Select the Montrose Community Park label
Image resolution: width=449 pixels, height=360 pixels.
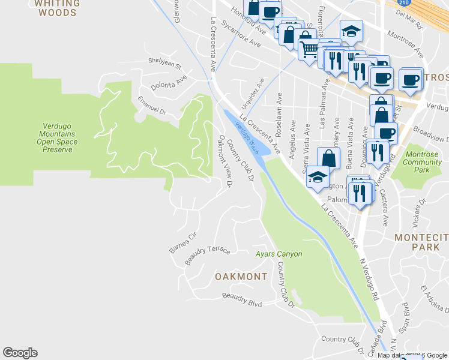click(x=423, y=162)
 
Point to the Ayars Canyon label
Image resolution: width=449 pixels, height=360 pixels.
click(x=279, y=254)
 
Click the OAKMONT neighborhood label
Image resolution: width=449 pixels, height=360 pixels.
click(x=241, y=277)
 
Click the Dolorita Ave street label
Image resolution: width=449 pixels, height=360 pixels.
click(x=169, y=82)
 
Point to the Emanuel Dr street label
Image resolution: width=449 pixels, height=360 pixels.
click(x=151, y=104)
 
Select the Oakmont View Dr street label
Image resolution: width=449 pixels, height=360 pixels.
click(x=224, y=161)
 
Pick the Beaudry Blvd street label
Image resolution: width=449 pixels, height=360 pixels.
click(x=242, y=300)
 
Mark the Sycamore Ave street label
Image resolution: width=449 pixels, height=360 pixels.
click(x=241, y=34)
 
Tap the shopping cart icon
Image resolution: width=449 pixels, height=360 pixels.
click(x=309, y=49)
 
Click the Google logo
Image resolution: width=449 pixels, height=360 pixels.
click(x=20, y=353)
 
